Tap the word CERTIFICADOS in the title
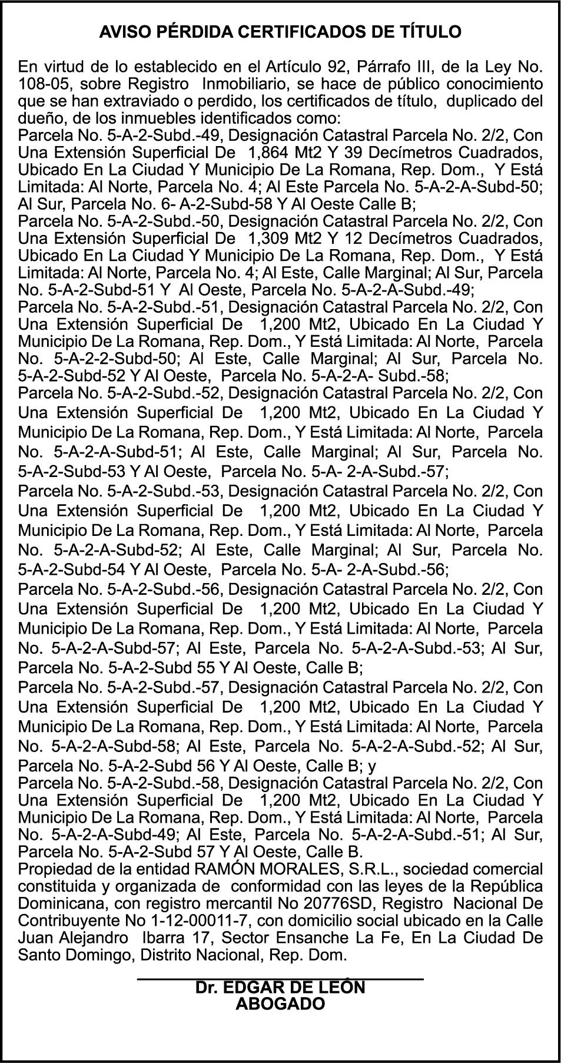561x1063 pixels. tap(300, 32)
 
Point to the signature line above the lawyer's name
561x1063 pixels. tap(280, 979)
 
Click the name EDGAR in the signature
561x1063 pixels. tap(250, 988)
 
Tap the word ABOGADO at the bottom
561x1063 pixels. tap(280, 1004)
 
